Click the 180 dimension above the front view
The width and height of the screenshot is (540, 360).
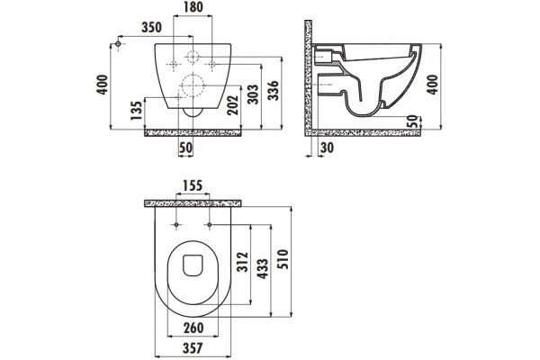(193, 7)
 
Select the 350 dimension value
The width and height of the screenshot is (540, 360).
(151, 27)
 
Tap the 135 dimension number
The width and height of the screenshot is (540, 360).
(137, 110)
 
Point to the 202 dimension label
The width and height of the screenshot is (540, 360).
(233, 105)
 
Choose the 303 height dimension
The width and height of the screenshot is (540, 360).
(253, 94)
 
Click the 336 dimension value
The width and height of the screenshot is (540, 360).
(274, 90)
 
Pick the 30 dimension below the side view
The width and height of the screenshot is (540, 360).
(327, 148)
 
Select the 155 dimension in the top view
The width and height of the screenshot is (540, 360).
(193, 185)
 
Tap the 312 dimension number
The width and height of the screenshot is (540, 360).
(243, 262)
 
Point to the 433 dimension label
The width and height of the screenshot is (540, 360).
(263, 269)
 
